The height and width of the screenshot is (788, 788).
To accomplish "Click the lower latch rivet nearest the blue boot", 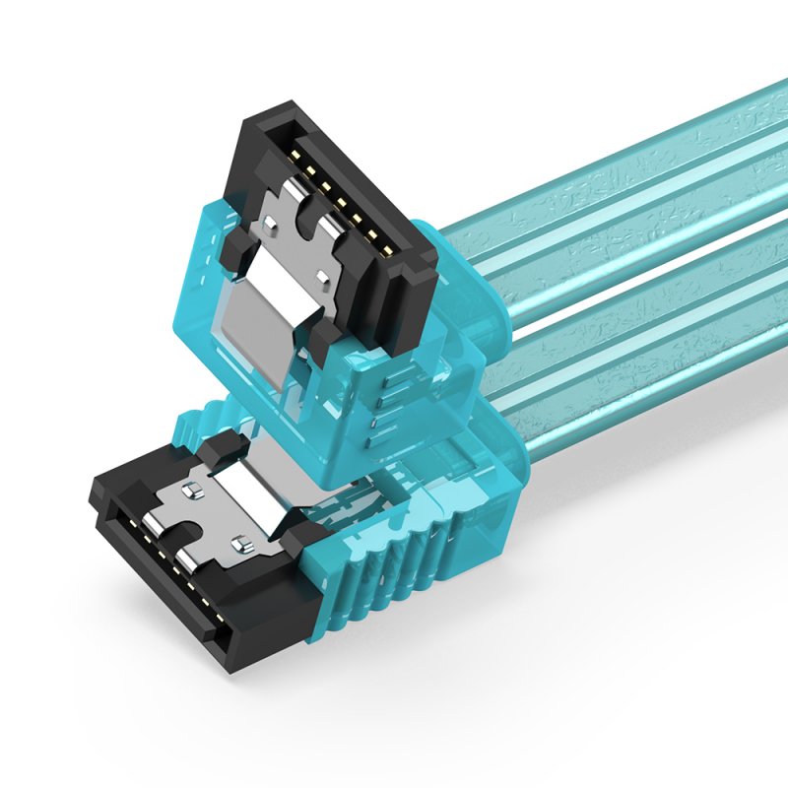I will pyautogui.click(x=237, y=541).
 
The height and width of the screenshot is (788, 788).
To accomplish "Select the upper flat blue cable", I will pyautogui.click(x=630, y=197).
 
